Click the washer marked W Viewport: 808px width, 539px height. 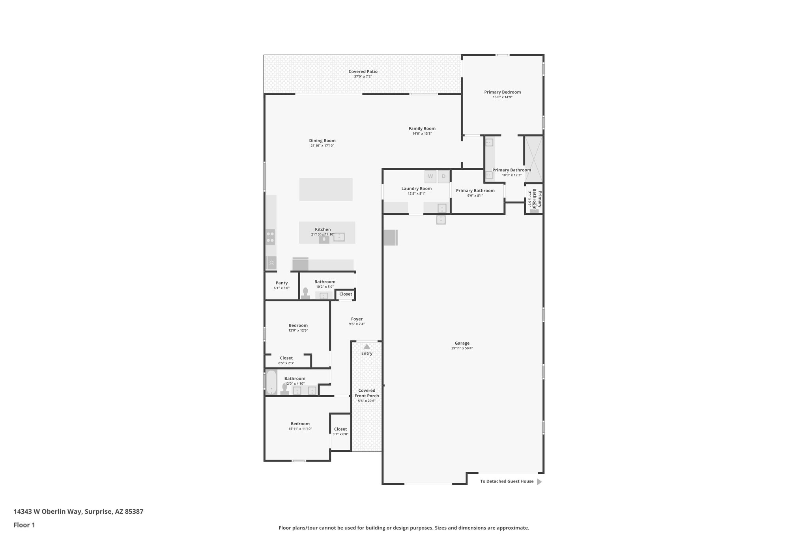coord(430,177)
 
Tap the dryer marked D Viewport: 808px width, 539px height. coord(443,177)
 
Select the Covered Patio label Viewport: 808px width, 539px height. coord(363,71)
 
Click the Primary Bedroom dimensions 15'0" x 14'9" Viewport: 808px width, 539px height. coord(502,97)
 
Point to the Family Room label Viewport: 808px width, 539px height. coord(422,128)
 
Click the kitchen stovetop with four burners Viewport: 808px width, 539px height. coord(270,237)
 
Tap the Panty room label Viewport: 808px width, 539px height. coord(281,283)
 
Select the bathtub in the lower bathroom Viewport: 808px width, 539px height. coord(271,382)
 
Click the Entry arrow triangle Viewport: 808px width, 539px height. coord(367,346)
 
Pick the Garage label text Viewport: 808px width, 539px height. coord(462,343)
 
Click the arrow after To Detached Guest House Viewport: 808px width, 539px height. coord(539,481)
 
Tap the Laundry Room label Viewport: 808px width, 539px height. coord(416,188)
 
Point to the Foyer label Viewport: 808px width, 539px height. coord(357,319)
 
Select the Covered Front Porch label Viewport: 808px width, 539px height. coord(367,393)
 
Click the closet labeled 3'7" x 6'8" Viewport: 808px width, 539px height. coord(340,431)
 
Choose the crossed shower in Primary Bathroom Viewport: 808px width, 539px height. coord(533,159)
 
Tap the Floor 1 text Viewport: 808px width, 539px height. coord(24,525)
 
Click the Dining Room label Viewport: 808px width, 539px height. coord(322,141)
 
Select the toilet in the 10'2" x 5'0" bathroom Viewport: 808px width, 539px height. coord(305,293)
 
